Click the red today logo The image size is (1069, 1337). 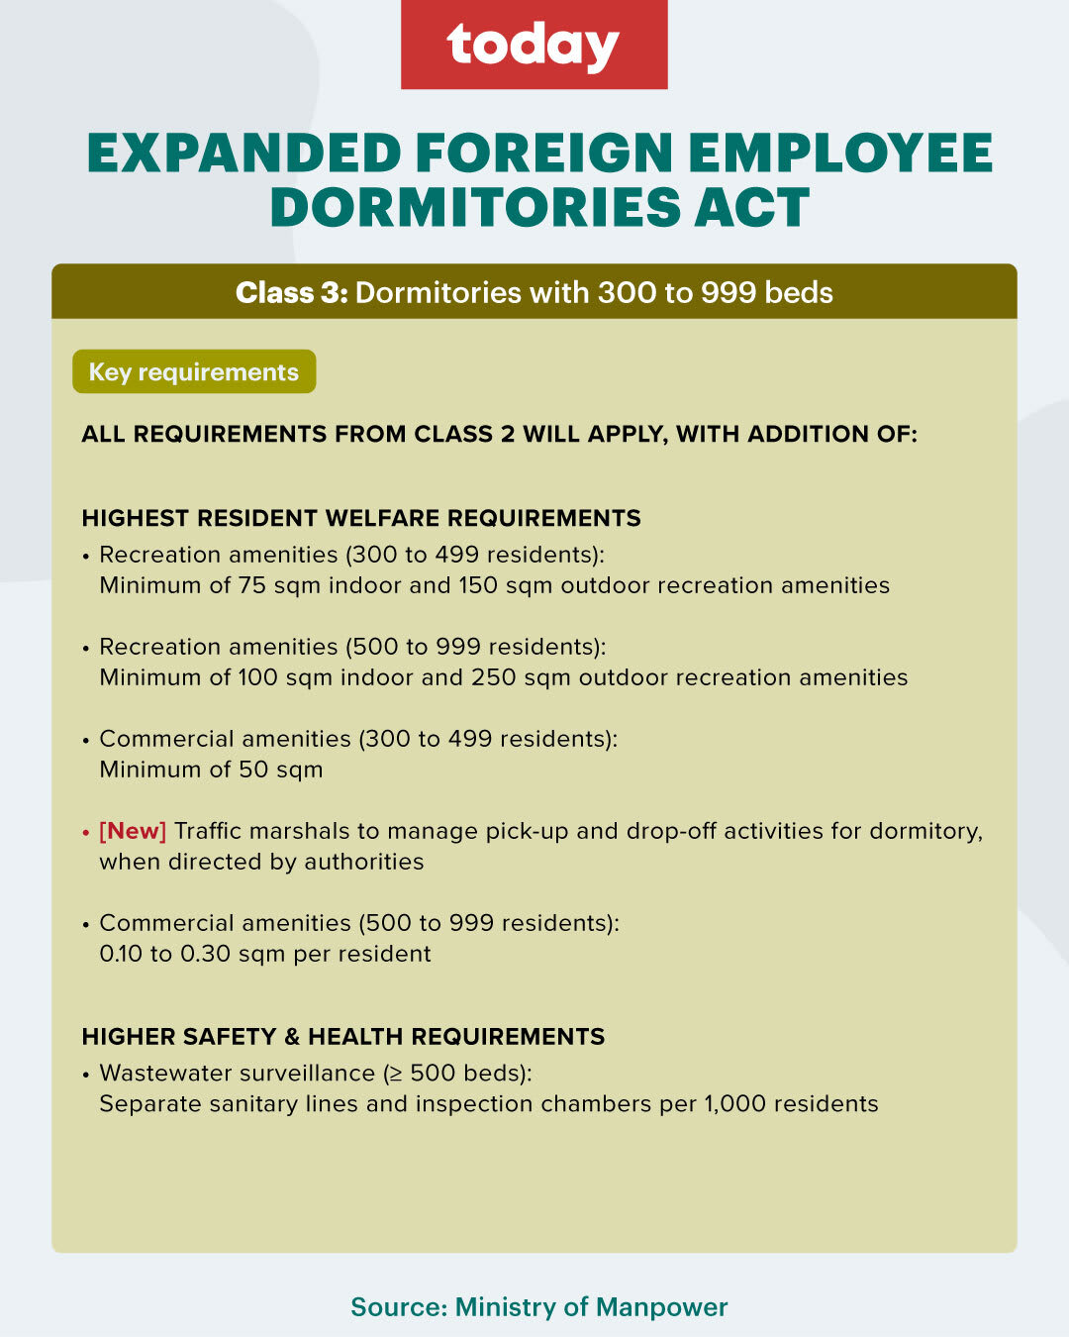(534, 45)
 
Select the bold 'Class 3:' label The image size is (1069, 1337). (291, 293)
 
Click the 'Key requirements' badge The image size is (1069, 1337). (194, 372)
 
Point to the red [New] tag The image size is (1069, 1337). (133, 831)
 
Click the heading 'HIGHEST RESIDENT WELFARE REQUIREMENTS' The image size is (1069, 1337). (361, 518)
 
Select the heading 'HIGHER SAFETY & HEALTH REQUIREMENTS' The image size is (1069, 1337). (343, 1037)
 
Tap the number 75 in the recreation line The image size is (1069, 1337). (252, 585)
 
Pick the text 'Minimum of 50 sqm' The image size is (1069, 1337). (211, 770)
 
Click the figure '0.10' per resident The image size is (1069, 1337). (121, 954)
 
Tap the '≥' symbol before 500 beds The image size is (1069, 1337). (393, 1074)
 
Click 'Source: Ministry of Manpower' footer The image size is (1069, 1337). (539, 1307)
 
